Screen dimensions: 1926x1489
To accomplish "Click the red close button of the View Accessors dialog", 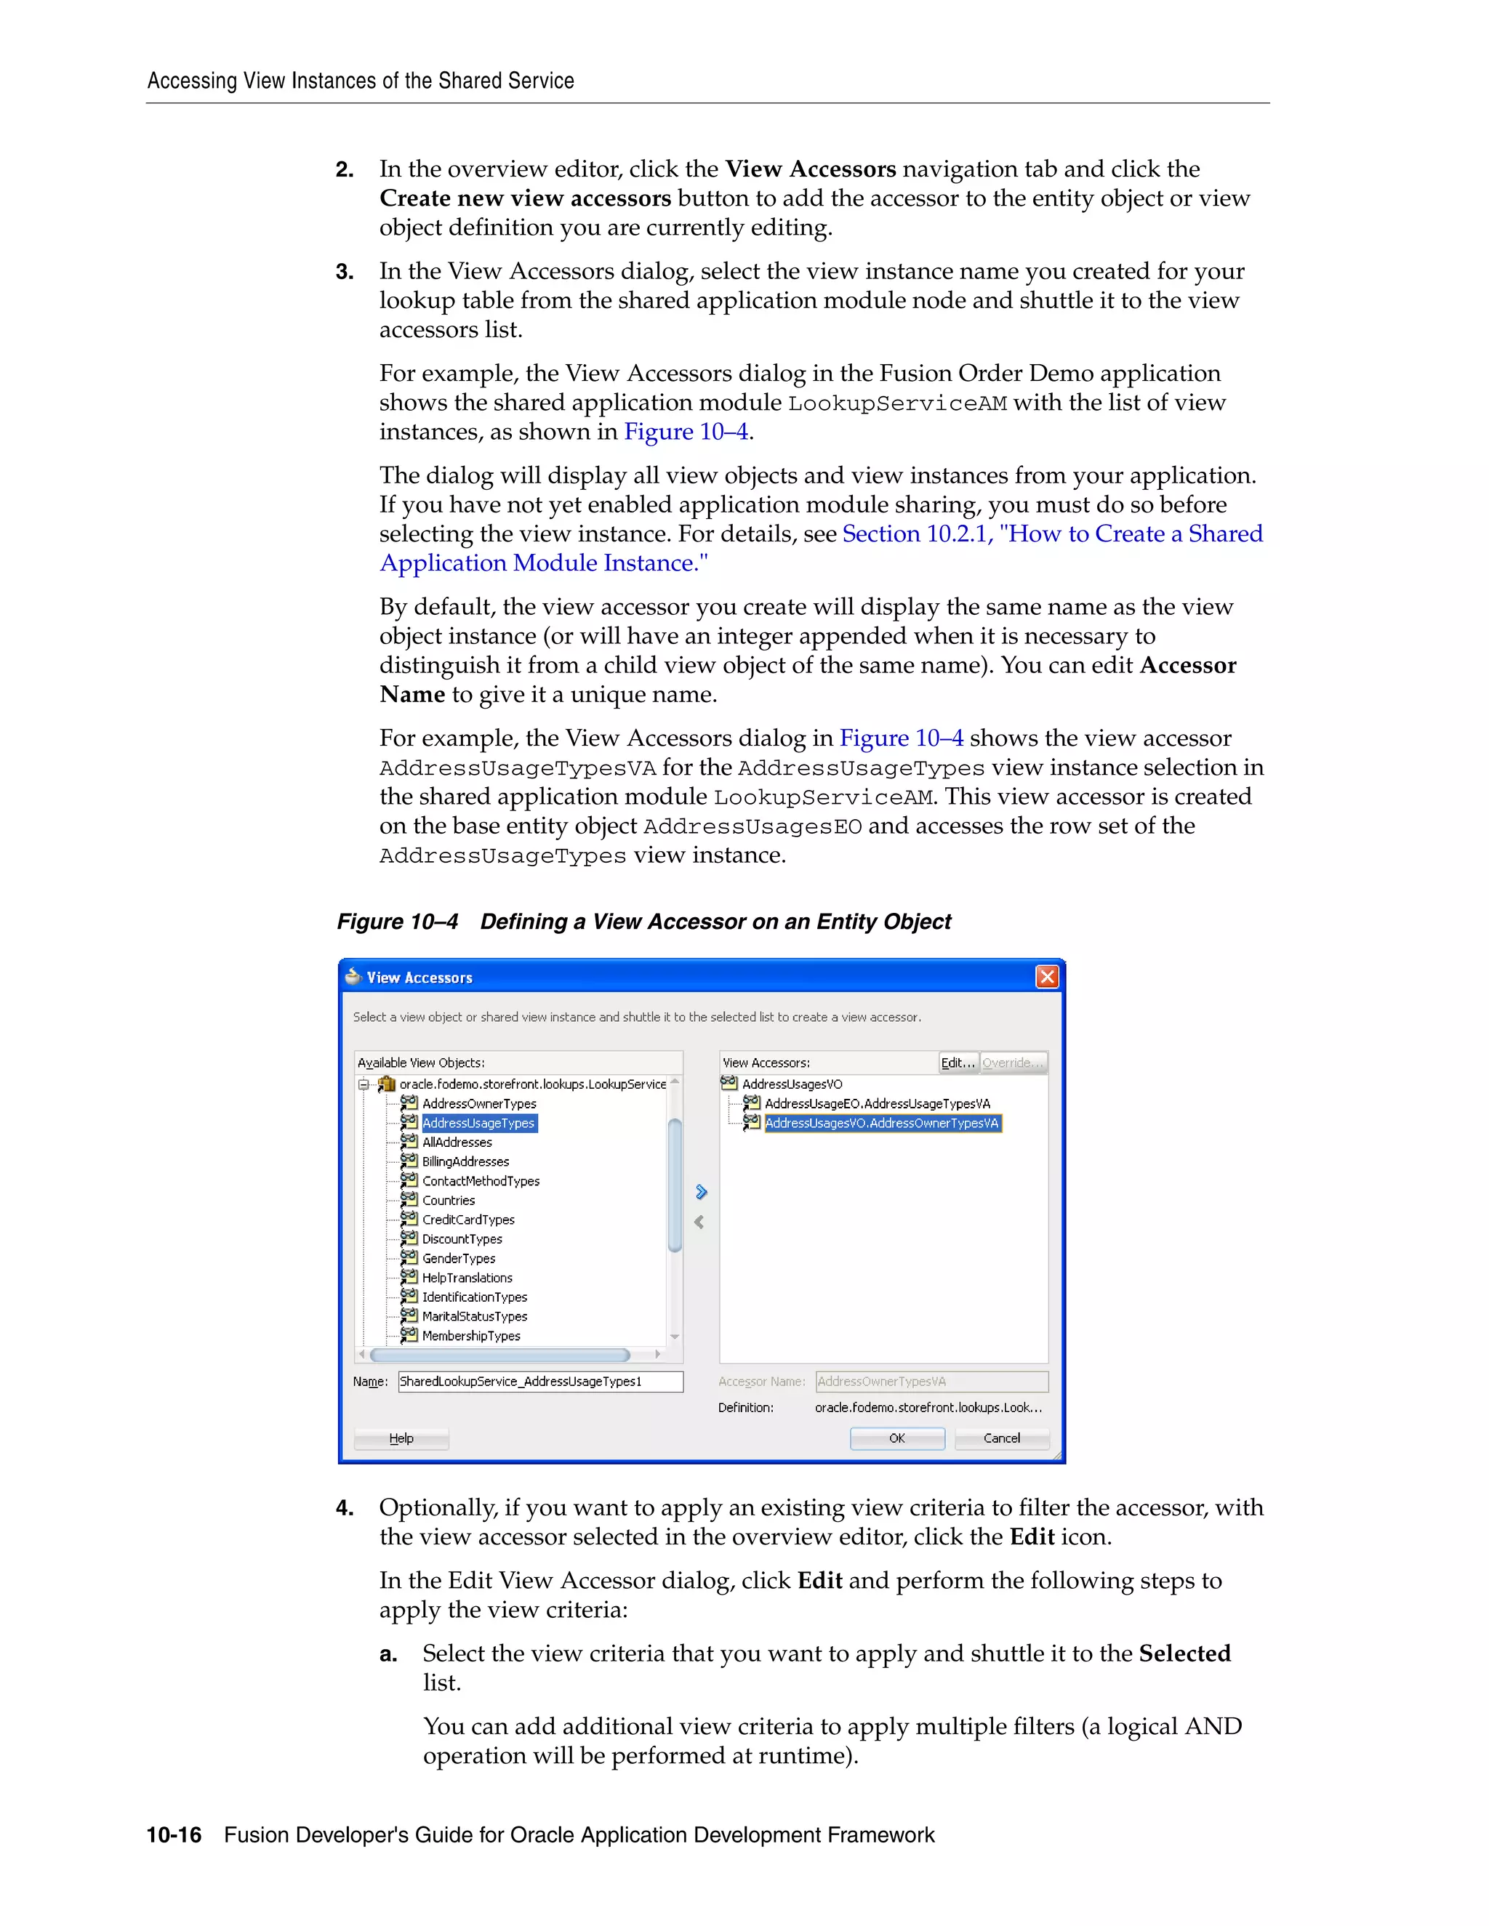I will (1046, 976).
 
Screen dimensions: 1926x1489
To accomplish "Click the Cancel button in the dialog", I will (1001, 1438).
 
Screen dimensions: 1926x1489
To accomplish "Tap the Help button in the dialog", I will (401, 1438).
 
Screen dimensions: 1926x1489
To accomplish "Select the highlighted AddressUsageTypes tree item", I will (478, 1123).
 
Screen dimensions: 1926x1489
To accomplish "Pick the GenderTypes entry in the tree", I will (459, 1258).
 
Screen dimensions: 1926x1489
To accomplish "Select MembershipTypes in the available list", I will (471, 1336).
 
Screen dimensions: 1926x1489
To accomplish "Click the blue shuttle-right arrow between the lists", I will (702, 1192).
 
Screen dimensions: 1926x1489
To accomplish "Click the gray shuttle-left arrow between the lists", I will (699, 1222).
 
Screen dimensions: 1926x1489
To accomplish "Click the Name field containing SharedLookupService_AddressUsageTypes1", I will (540, 1381).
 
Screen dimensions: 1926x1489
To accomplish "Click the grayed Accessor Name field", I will (931, 1381).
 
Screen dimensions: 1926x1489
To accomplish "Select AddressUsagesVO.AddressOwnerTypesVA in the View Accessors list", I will (881, 1123).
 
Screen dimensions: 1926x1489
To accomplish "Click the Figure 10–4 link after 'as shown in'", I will (686, 432).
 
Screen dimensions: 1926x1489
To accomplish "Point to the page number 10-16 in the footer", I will (174, 1835).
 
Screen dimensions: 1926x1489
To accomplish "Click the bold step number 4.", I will (345, 1508).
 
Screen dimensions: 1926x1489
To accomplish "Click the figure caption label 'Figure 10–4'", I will (398, 922).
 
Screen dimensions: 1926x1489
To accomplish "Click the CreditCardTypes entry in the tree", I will (467, 1220).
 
